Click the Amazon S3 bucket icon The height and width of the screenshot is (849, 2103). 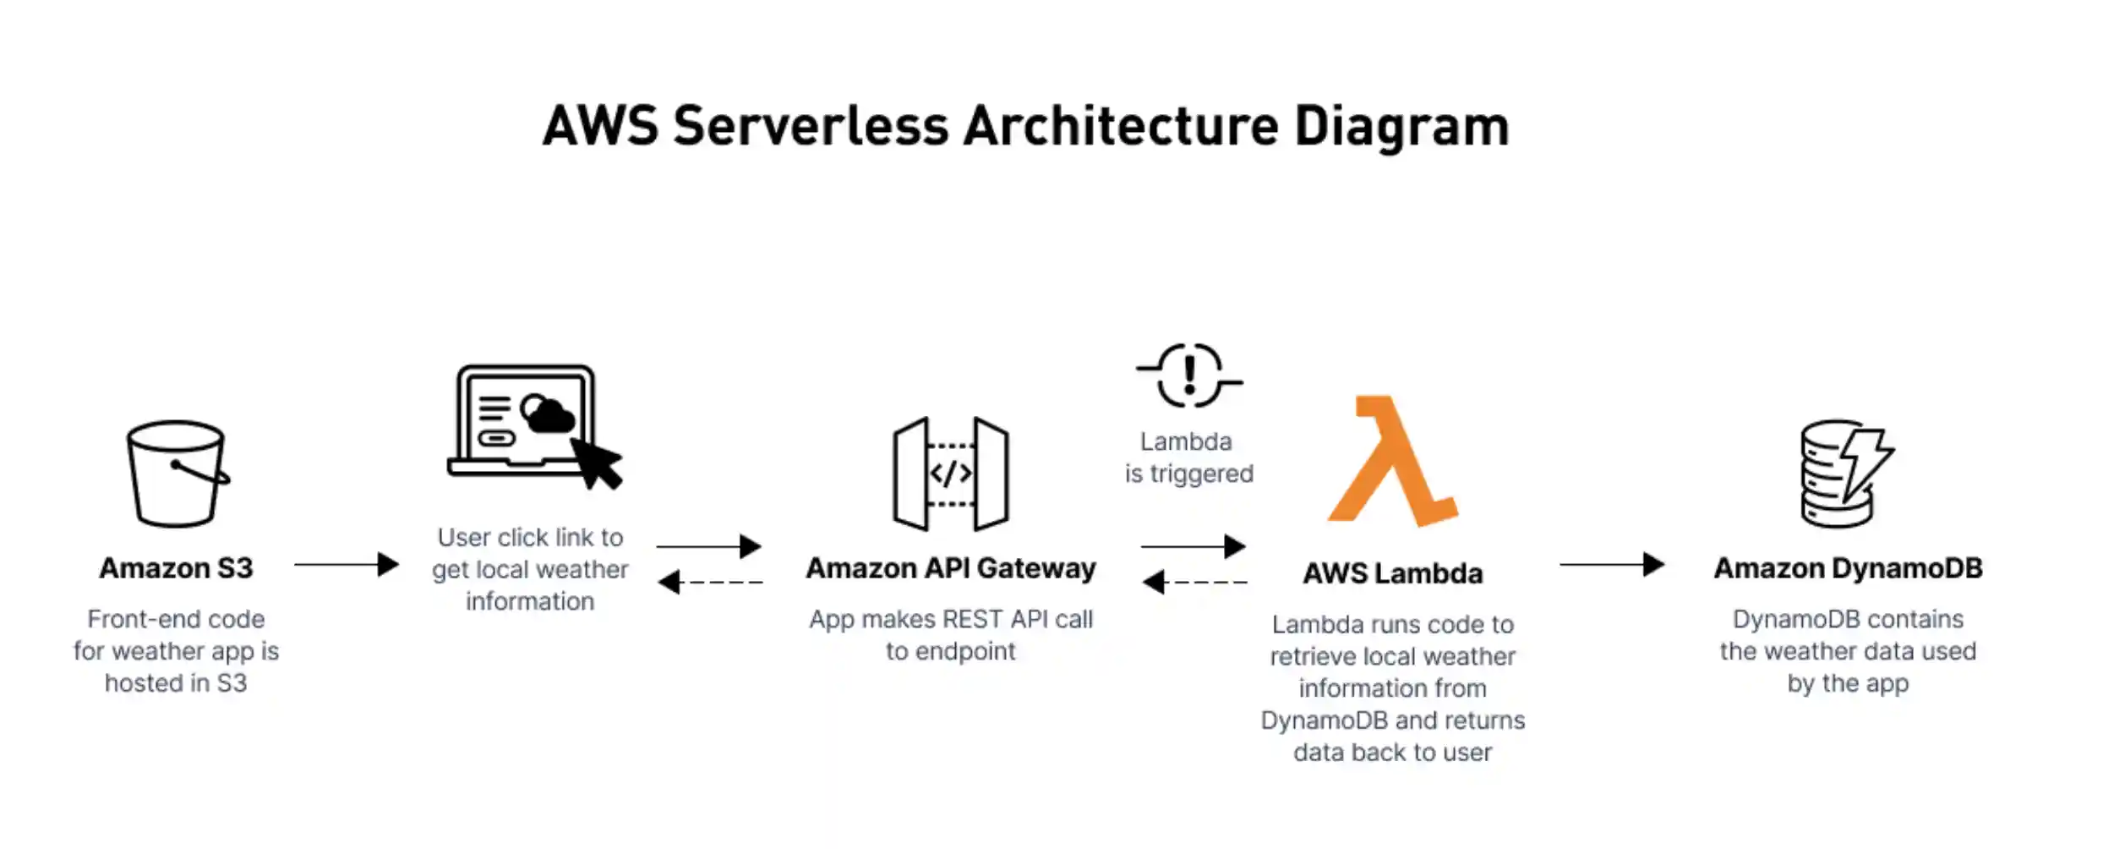(x=177, y=474)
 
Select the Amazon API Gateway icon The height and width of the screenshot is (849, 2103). (x=951, y=474)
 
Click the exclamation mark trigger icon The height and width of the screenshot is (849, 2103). (x=1189, y=375)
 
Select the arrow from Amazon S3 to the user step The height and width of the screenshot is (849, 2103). (x=347, y=564)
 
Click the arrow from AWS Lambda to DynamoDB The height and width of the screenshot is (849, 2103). (x=1612, y=564)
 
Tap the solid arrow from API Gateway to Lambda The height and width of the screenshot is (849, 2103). (x=1194, y=546)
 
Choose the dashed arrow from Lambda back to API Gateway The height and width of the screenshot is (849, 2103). (x=1194, y=582)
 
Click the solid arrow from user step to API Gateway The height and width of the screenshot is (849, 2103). (x=709, y=546)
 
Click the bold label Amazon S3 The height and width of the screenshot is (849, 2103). (x=176, y=568)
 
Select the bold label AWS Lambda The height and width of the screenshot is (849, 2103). (x=1393, y=573)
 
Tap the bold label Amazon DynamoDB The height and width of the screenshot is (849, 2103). (x=1848, y=568)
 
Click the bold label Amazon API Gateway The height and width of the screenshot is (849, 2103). (x=951, y=568)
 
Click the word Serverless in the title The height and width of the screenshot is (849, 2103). (x=811, y=127)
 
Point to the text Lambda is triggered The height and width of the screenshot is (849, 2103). (x=1188, y=457)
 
